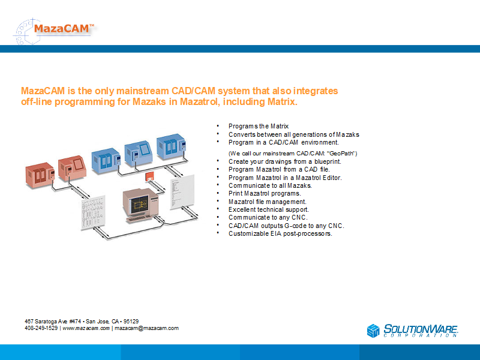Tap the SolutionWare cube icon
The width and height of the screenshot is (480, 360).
(373, 331)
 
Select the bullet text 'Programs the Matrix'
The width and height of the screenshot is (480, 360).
(259, 126)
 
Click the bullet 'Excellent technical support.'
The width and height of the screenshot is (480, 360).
(268, 209)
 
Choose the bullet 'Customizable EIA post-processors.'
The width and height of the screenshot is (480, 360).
(280, 233)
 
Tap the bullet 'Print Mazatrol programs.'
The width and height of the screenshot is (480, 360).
(265, 193)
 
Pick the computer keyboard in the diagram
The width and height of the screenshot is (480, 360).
(140, 219)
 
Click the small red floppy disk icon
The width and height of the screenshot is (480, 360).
(149, 176)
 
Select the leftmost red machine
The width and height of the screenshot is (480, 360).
(40, 175)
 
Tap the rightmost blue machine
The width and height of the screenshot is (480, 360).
(172, 146)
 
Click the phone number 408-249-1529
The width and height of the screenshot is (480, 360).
(41, 328)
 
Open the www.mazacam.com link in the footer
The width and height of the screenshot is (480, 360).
(86, 328)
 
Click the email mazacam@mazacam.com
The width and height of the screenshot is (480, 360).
(146, 328)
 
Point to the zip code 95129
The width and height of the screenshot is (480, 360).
(131, 321)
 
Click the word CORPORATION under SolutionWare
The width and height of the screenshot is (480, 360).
(421, 335)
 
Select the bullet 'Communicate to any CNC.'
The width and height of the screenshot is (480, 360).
(268, 217)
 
